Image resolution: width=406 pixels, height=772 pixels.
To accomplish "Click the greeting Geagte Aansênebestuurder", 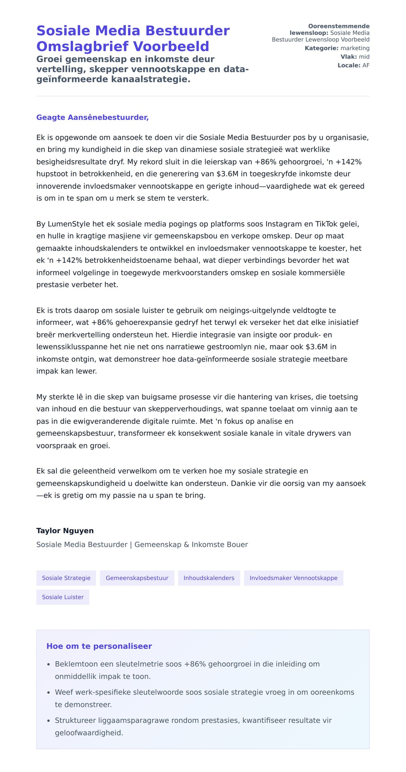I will (x=92, y=117).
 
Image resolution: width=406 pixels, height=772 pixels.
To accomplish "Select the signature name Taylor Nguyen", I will (x=65, y=531).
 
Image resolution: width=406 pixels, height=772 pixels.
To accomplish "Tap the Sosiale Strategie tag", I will (x=66, y=578).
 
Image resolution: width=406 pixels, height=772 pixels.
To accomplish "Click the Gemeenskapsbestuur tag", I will (x=137, y=578).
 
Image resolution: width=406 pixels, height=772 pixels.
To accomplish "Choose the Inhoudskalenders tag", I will (x=209, y=578).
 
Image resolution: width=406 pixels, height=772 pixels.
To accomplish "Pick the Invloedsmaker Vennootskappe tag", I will (x=293, y=578).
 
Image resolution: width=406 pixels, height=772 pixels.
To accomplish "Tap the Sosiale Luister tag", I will (x=63, y=597).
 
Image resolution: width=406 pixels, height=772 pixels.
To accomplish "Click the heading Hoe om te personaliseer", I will (x=99, y=646).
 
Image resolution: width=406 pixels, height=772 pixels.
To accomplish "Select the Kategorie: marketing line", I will (x=337, y=48).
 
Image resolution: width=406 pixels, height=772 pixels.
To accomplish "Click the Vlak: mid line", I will (x=355, y=57).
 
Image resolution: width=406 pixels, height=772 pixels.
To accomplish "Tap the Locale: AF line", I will (x=353, y=65).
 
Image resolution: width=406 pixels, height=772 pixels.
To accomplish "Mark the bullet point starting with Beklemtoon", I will (x=187, y=670).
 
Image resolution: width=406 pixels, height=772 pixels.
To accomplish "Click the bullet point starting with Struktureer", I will (x=193, y=726).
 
